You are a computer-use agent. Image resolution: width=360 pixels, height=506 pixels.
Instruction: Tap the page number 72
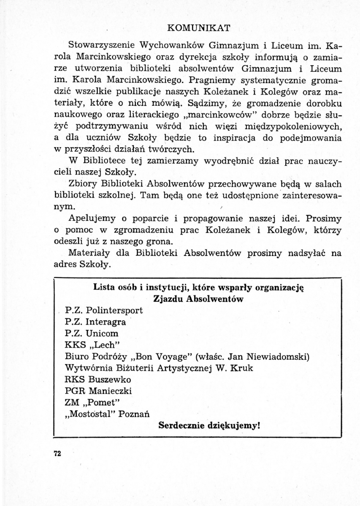58,453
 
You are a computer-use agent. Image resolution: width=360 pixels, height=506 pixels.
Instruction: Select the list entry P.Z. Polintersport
104,310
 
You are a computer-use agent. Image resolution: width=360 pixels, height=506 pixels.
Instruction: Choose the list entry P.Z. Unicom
92,333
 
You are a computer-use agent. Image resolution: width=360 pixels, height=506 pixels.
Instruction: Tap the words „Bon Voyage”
153,356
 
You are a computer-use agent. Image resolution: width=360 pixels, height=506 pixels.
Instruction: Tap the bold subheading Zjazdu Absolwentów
198,299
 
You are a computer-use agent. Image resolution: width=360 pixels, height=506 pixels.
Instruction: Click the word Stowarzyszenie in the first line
98,44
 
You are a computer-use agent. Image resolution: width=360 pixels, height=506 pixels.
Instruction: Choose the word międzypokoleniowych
287,126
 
